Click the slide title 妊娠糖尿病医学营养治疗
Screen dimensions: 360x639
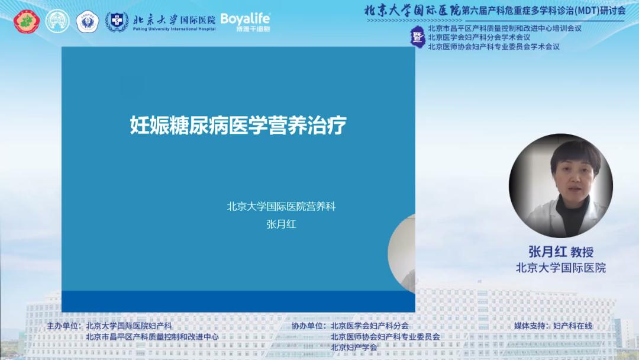point(238,126)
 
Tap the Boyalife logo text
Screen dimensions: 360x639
point(245,20)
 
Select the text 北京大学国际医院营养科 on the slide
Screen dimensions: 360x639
point(281,207)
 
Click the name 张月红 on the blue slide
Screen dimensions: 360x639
point(281,224)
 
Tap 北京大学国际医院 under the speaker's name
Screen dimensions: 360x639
point(561,268)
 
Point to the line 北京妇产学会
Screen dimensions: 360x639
point(354,347)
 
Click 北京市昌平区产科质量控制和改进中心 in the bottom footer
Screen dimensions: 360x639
point(152,336)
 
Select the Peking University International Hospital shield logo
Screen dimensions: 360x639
point(117,22)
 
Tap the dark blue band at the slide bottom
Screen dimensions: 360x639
point(238,301)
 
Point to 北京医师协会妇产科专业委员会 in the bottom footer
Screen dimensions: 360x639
point(385,336)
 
